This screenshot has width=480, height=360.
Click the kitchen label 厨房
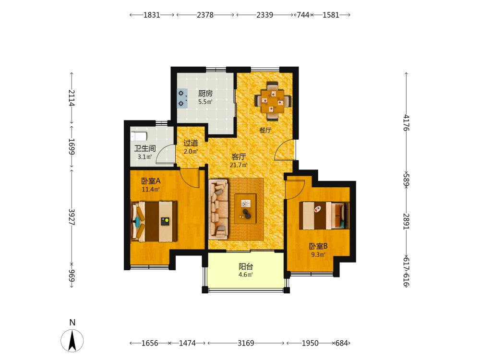[x=205, y=93]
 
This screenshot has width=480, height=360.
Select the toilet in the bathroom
[x=139, y=136]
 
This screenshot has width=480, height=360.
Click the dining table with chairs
[x=273, y=101]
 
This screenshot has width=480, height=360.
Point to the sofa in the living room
[x=218, y=209]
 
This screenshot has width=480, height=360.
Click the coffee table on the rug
[x=245, y=209]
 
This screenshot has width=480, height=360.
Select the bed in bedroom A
[x=154, y=221]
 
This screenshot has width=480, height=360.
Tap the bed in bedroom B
[x=324, y=216]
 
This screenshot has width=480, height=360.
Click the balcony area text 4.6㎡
[x=245, y=275]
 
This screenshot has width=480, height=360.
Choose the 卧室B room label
[x=318, y=246]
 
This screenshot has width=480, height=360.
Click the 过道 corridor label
[x=191, y=143]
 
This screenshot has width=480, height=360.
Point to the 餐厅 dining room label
[x=265, y=130]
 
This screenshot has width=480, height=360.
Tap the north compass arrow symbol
[x=72, y=340]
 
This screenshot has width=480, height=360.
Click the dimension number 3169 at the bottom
[x=246, y=343]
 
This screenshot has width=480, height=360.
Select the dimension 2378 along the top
[x=205, y=15]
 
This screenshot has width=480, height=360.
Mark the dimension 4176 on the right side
[x=406, y=122]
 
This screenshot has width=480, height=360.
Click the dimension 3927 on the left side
[x=72, y=217]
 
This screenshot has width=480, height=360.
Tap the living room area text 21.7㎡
[x=239, y=165]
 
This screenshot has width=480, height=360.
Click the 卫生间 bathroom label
[x=145, y=148]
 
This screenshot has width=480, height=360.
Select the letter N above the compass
[x=72, y=323]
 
